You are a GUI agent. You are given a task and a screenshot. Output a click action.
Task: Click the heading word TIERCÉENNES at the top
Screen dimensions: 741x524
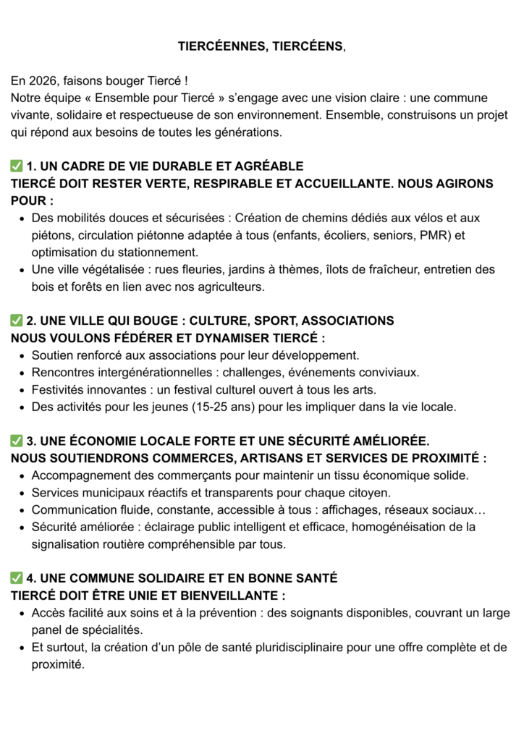[219, 46]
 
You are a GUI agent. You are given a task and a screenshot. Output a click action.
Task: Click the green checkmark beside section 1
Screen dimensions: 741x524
[17, 166]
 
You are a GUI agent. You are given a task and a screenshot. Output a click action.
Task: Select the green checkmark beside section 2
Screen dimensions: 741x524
[17, 321]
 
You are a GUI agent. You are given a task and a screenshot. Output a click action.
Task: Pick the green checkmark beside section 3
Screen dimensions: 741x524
[17, 441]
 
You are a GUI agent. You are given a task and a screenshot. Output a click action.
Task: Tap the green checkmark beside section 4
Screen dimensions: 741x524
[17, 578]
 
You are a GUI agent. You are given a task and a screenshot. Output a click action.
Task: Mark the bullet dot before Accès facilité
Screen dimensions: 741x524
[22, 614]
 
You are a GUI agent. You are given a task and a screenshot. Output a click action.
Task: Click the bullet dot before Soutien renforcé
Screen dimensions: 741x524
[22, 355]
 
